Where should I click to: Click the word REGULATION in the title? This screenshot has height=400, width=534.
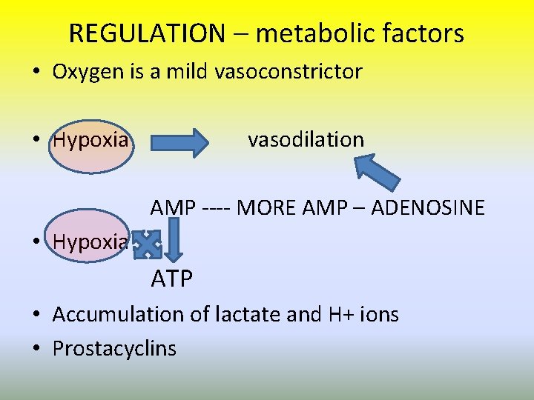click(x=146, y=33)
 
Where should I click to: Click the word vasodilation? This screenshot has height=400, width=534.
click(x=306, y=139)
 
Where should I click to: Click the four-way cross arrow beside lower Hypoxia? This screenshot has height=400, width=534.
click(x=149, y=244)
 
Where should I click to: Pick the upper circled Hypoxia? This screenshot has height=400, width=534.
click(x=90, y=140)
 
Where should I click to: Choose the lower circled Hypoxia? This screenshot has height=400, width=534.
click(x=90, y=242)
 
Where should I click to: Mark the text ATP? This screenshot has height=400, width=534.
click(x=172, y=279)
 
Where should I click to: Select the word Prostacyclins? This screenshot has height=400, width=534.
click(x=114, y=349)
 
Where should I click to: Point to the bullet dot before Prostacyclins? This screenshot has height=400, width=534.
click(x=36, y=349)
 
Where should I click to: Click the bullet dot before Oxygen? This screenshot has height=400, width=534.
click(x=36, y=73)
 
